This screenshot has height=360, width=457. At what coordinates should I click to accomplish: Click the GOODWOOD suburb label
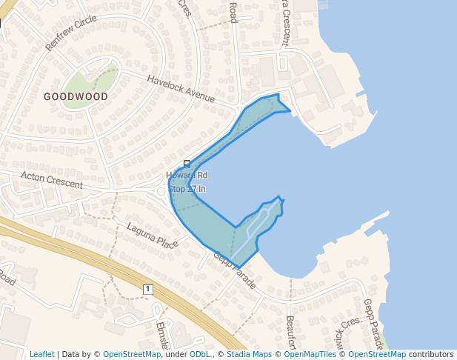click(x=76, y=96)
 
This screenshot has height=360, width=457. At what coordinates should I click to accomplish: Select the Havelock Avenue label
click(x=180, y=89)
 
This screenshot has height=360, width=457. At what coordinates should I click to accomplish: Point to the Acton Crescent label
click(x=52, y=180)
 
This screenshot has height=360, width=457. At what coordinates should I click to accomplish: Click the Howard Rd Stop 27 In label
click(x=187, y=182)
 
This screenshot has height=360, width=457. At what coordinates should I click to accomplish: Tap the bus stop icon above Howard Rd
click(x=187, y=164)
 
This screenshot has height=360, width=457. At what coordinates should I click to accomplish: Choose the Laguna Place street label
click(x=152, y=236)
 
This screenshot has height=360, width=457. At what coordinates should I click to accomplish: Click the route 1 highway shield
click(x=148, y=288)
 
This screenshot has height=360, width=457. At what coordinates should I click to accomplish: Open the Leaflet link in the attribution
click(x=41, y=354)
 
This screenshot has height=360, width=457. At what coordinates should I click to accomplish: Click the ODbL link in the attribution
click(x=200, y=354)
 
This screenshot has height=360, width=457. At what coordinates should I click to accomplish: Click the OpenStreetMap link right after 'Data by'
click(x=132, y=354)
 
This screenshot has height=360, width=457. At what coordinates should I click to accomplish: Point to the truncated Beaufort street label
click(x=291, y=332)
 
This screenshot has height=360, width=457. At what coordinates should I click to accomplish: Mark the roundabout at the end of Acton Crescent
click(x=161, y=191)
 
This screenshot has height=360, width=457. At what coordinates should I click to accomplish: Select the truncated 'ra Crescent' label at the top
click(x=284, y=22)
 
